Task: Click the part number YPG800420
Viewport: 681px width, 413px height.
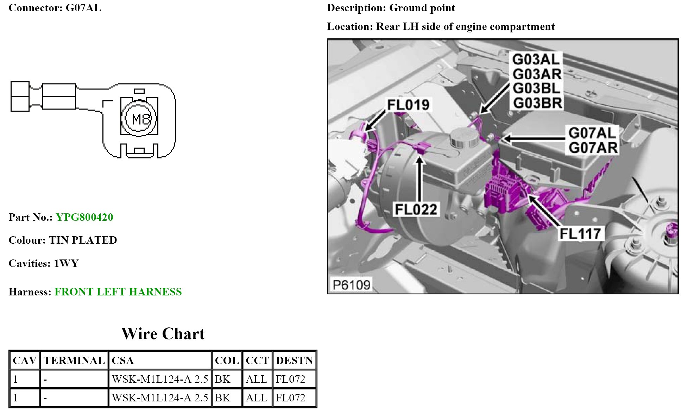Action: click(x=84, y=217)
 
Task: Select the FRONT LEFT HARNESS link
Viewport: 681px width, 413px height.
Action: click(x=118, y=292)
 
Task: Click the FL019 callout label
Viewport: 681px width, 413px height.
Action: click(x=408, y=105)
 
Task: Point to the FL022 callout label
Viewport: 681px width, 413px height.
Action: click(x=416, y=209)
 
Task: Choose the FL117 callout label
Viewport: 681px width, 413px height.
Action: click(x=580, y=234)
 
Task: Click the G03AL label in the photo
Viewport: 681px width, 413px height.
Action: click(x=535, y=60)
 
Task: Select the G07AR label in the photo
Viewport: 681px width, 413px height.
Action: click(x=593, y=148)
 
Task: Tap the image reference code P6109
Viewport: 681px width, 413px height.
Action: click(x=351, y=284)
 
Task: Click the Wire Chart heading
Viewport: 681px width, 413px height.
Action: click(x=163, y=334)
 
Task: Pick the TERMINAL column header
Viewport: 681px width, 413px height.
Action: click(x=74, y=361)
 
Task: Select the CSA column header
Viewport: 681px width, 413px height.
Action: click(x=122, y=361)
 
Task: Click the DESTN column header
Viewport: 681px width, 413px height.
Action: click(x=294, y=361)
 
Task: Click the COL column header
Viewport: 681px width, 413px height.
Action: click(x=227, y=361)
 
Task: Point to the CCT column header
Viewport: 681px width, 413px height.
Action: click(x=257, y=361)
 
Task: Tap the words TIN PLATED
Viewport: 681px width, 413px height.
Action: click(x=83, y=240)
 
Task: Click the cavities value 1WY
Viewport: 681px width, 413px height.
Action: click(x=66, y=263)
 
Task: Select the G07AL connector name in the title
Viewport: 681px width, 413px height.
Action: click(x=83, y=8)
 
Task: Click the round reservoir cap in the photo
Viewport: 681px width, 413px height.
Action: click(x=464, y=137)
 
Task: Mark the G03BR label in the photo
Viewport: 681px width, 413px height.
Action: click(x=537, y=103)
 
